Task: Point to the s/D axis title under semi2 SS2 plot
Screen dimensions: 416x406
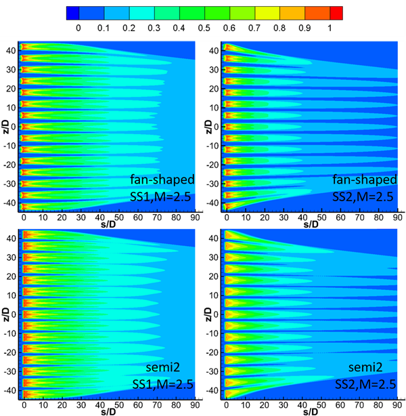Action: point(311,411)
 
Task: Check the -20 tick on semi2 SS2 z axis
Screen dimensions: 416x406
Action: point(212,353)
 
